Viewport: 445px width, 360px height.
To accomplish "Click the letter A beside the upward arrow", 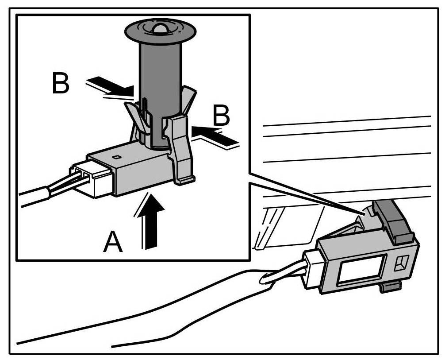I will point(113,242).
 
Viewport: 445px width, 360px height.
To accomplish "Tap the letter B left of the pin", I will point(61,84).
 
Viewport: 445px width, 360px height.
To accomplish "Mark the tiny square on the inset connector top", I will point(116,157).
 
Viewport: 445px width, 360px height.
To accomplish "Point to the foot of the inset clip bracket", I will point(186,180).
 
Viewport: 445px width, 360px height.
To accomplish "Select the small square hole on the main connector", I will point(400,263).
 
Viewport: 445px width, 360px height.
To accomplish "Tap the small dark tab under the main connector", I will point(388,288).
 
